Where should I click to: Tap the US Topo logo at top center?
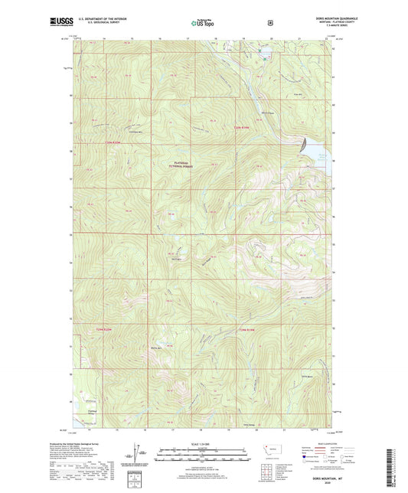(204, 23)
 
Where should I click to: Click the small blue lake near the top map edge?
(266, 56)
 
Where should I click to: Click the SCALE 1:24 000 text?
(203, 443)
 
